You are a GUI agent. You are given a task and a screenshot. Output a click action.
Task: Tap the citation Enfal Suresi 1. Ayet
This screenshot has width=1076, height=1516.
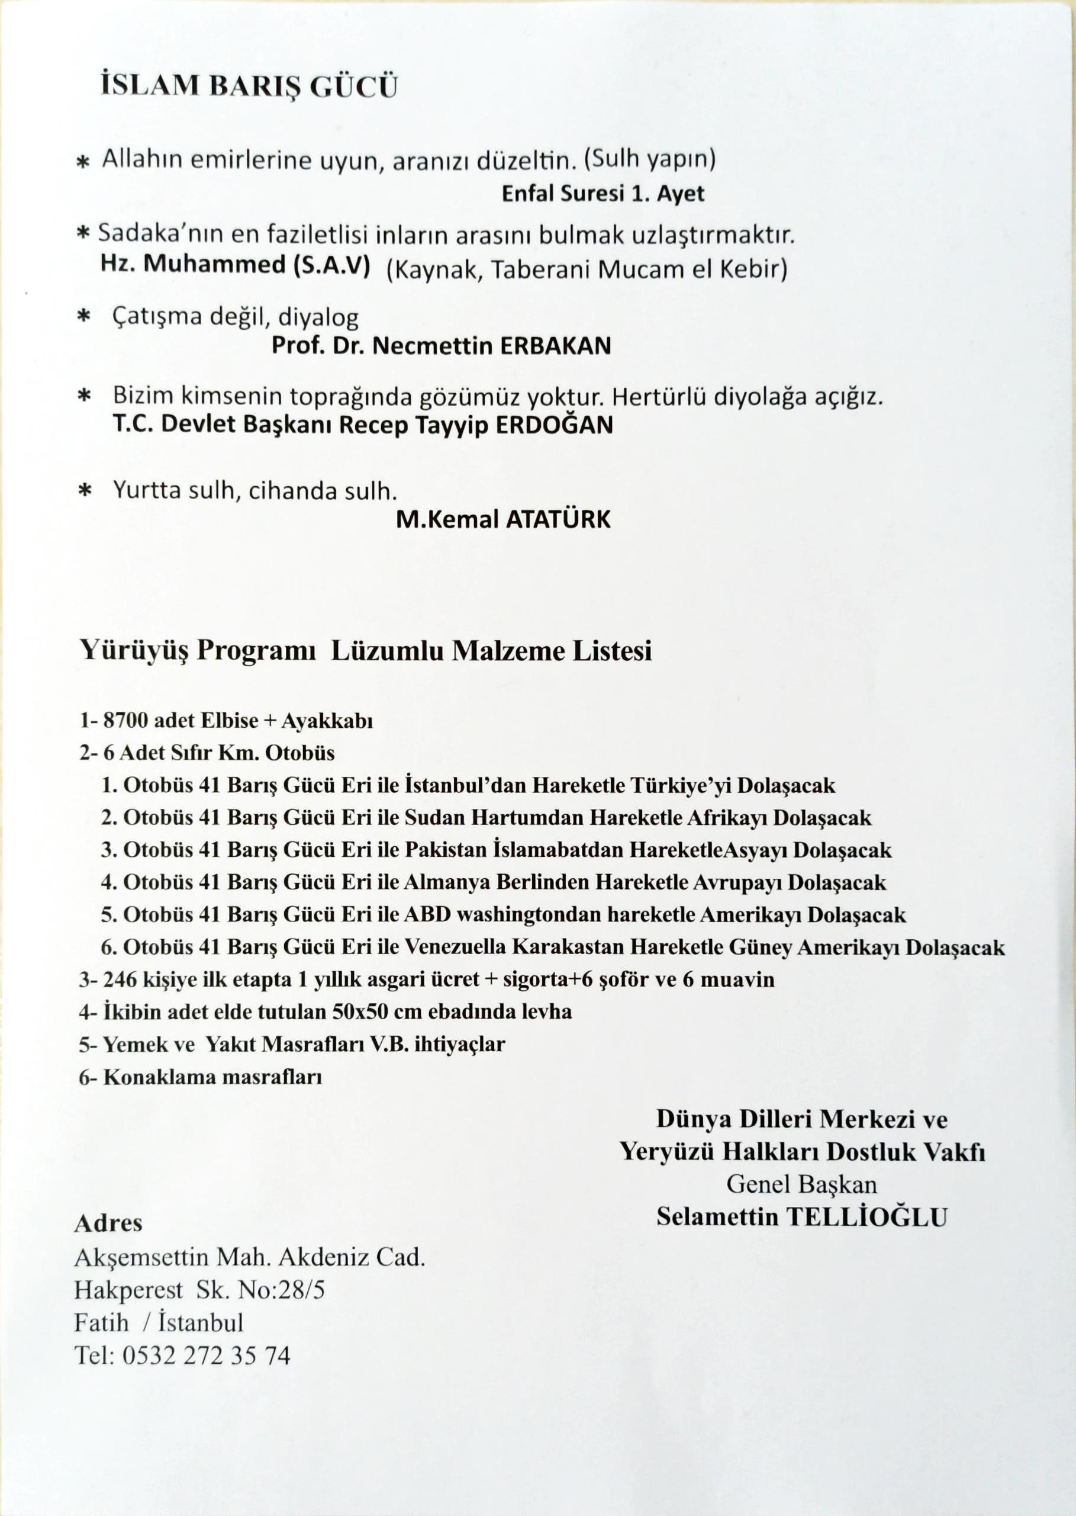click(603, 194)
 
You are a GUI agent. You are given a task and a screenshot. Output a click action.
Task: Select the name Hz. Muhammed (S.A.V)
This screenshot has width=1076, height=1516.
click(235, 265)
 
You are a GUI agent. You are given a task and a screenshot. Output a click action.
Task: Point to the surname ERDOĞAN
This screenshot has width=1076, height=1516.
click(554, 425)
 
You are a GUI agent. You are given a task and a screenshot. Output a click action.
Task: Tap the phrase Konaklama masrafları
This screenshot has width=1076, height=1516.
click(212, 1077)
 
